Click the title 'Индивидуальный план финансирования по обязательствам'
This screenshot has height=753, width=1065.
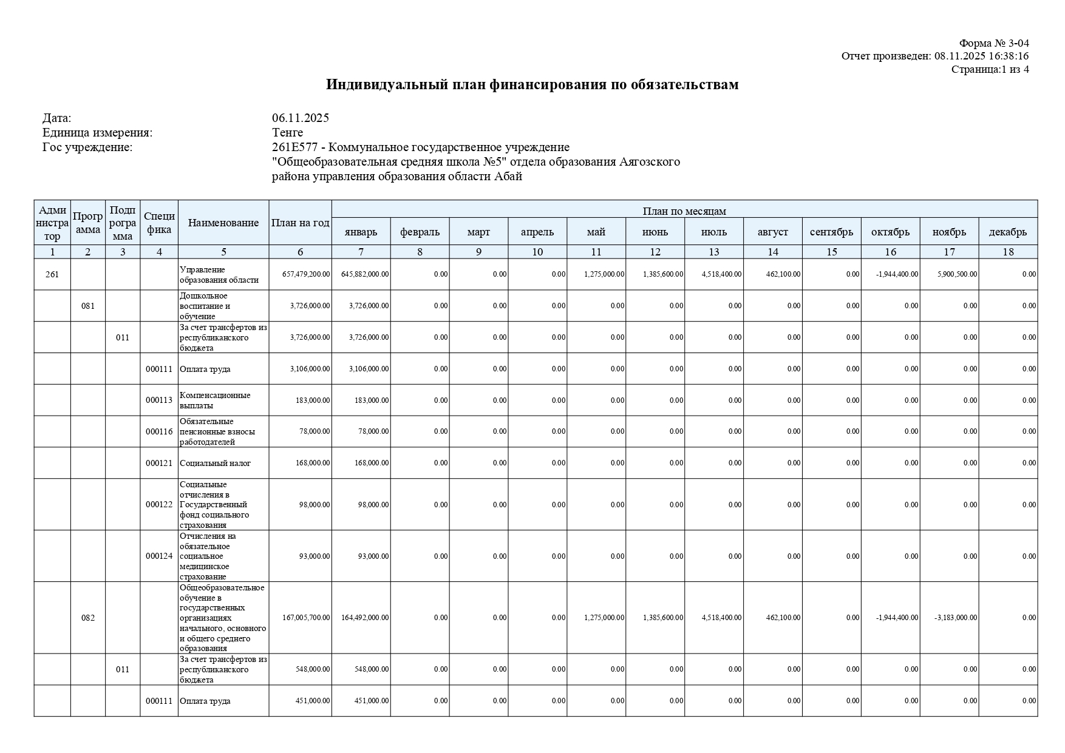pos(532,84)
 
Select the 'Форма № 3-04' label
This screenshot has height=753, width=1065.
pos(994,43)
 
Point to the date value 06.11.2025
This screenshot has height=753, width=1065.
pos(301,118)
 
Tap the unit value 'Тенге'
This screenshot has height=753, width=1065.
pos(288,132)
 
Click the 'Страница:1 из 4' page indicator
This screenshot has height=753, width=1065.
pos(990,69)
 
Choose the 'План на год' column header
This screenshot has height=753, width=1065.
pos(300,223)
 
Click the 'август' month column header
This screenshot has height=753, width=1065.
pos(772,232)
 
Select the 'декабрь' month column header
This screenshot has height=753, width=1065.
pos(1007,232)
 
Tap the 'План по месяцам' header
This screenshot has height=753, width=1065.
pos(684,211)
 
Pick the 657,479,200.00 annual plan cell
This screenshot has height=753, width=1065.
pos(306,274)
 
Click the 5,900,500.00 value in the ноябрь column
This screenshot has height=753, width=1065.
pos(957,274)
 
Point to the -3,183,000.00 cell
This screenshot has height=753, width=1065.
pos(956,618)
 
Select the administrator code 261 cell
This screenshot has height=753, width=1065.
pos(52,274)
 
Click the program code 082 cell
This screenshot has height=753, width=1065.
pos(88,618)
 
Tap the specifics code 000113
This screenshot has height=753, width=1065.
pos(159,400)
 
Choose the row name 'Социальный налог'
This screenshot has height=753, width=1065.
pos(215,463)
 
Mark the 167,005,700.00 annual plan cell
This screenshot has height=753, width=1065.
pos(306,618)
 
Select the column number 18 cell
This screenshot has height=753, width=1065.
pos(1008,252)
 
